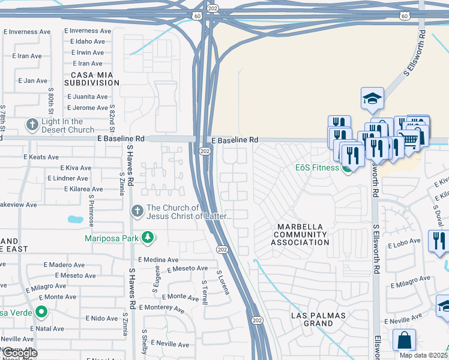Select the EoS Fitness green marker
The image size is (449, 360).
[347, 167]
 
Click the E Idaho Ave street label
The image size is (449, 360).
[87, 42]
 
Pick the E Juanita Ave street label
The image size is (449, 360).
[87, 96]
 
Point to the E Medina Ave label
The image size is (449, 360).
[158, 260]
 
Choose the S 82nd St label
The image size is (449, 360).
[112, 118]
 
